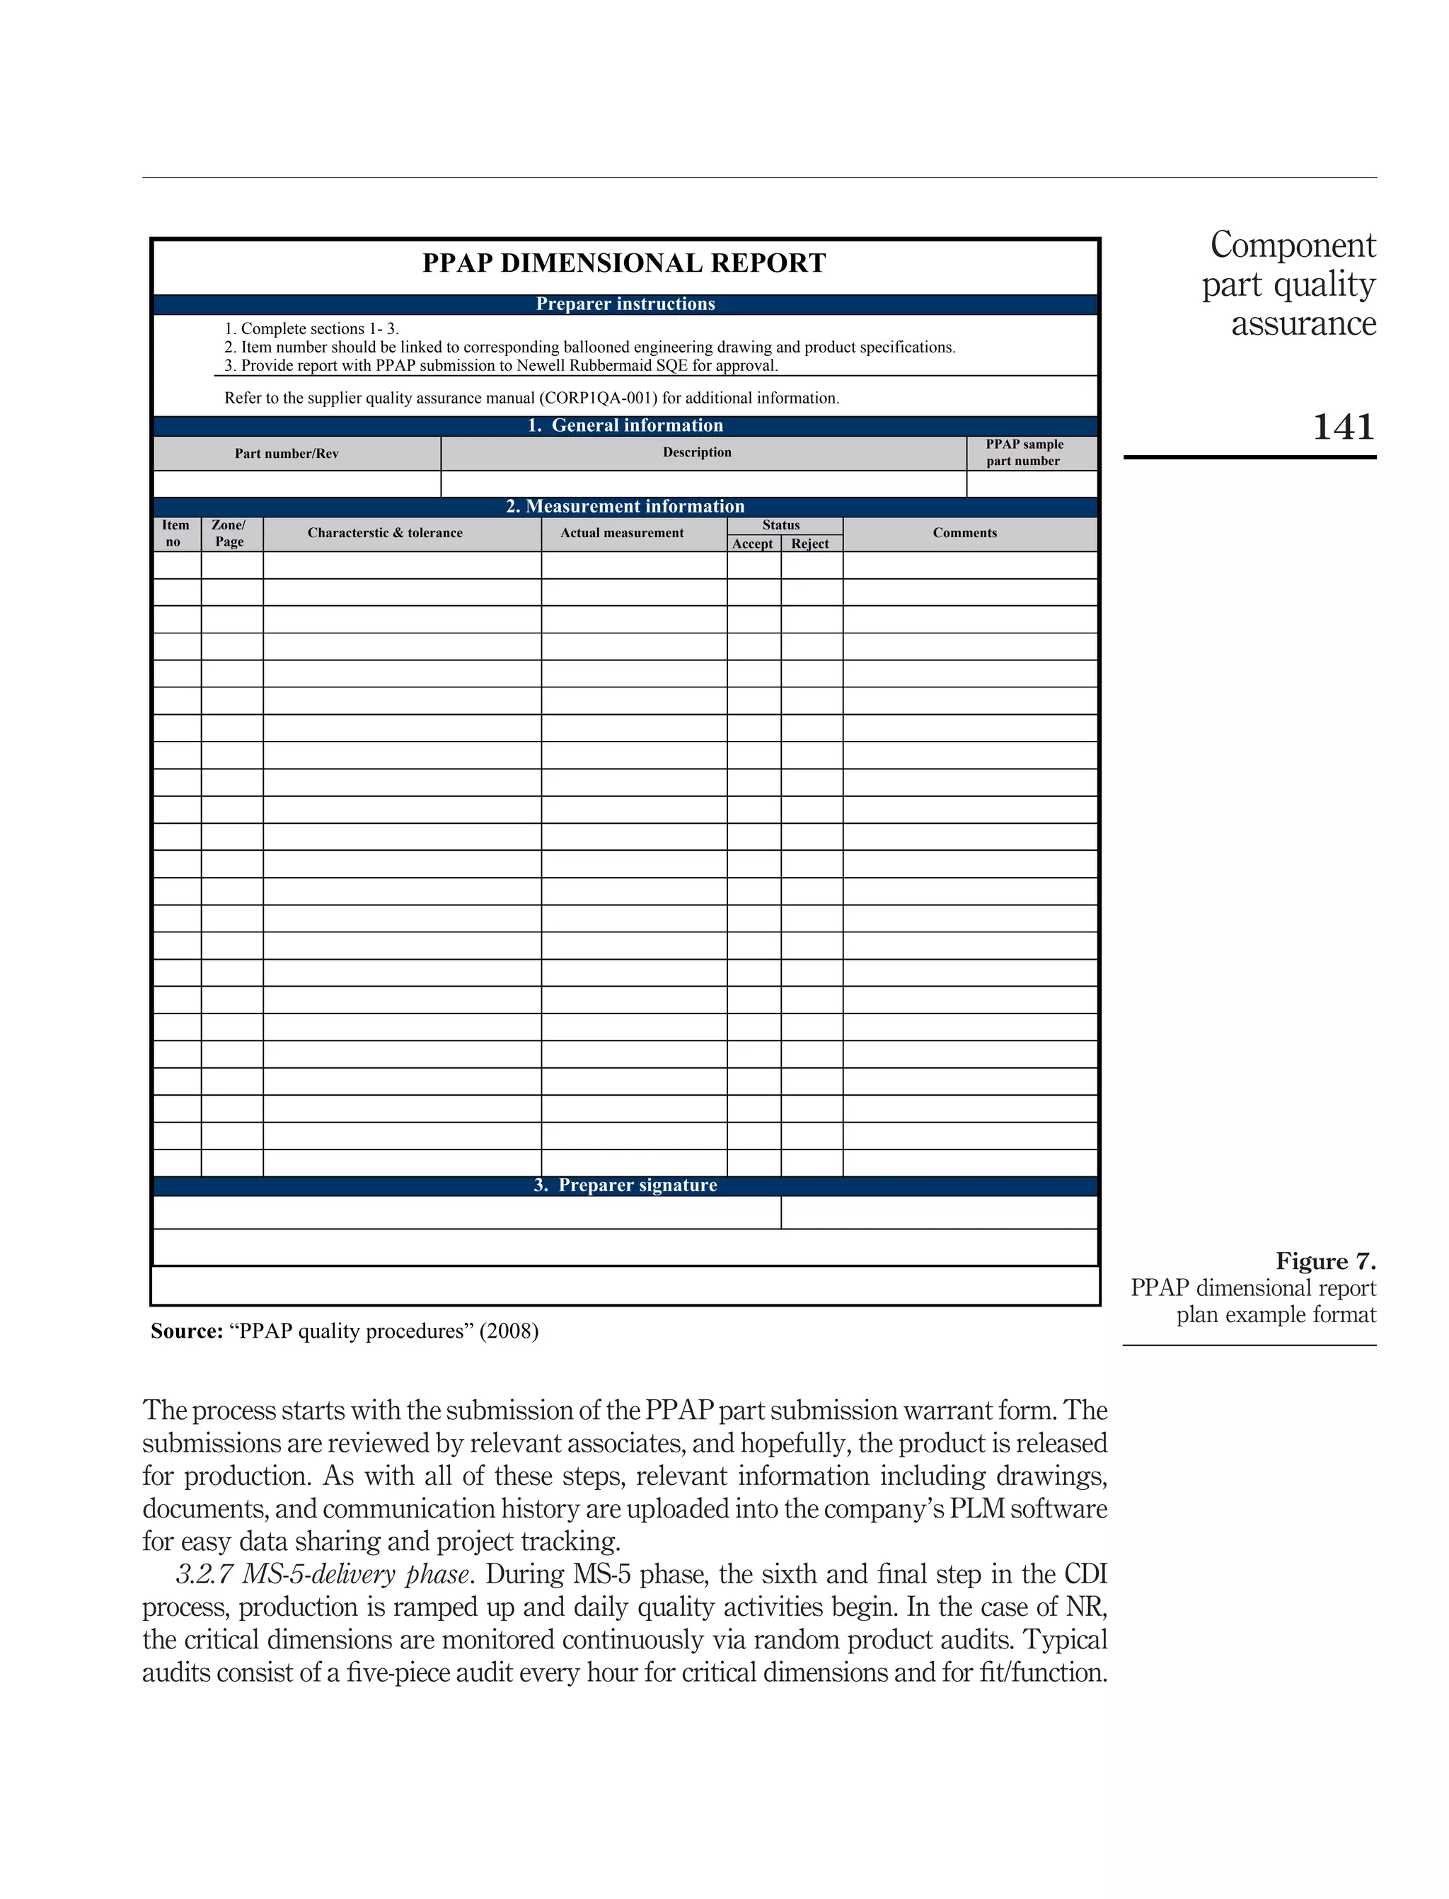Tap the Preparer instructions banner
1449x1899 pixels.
point(625,304)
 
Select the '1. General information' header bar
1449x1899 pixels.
point(625,425)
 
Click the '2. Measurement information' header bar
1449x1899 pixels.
point(625,507)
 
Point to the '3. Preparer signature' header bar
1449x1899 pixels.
point(625,1186)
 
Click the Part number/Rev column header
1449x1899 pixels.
point(287,454)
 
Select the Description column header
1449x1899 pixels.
point(697,452)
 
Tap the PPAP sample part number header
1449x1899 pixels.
point(1024,452)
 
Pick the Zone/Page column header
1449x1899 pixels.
point(229,533)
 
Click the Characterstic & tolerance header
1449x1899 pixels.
point(385,533)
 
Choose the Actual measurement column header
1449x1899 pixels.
point(622,533)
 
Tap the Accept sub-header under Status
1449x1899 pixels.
point(752,544)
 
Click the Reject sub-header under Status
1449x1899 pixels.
point(810,544)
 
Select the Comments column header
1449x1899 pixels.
point(964,533)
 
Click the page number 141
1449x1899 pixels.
point(1342,427)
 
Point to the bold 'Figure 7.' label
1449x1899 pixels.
point(1326,1261)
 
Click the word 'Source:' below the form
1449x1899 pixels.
point(186,1331)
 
